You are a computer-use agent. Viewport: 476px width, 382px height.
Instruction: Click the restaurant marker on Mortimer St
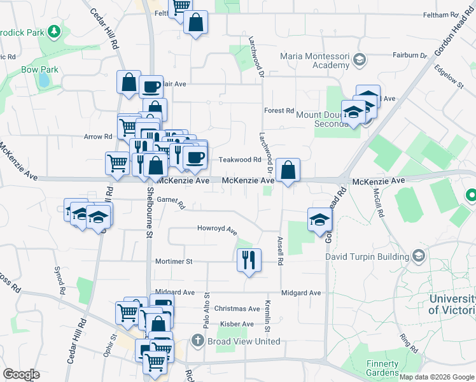click(249, 260)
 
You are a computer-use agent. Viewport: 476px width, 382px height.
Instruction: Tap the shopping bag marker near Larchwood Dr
click(288, 170)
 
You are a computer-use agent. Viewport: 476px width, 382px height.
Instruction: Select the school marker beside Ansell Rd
click(319, 220)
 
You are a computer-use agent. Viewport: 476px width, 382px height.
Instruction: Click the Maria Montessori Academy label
click(316, 60)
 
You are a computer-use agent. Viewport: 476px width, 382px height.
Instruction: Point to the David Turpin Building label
click(367, 257)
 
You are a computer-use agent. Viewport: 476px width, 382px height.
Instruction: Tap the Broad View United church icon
click(198, 341)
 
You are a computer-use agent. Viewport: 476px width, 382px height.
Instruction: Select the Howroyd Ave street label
click(216, 228)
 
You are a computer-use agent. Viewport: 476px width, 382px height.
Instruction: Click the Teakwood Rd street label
click(241, 160)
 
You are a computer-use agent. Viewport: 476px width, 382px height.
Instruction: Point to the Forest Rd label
click(279, 110)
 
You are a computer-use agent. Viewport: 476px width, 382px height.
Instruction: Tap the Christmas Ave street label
click(237, 308)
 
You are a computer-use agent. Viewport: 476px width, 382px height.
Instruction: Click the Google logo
click(21, 374)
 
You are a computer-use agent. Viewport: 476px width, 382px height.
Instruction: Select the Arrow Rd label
click(98, 136)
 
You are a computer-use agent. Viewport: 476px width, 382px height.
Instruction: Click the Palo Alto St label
click(207, 311)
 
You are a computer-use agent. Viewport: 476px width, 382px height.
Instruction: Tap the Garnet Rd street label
click(171, 202)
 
